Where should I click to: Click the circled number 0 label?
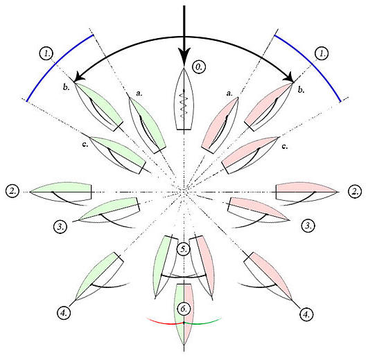(199, 67)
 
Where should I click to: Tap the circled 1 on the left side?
(46, 54)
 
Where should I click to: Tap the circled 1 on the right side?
(322, 54)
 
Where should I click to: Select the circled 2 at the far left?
(12, 191)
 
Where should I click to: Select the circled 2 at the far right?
(355, 192)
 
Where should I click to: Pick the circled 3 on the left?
(60, 226)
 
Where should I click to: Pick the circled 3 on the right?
(308, 226)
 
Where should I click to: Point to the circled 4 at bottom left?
(64, 313)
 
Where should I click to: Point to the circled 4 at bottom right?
(306, 314)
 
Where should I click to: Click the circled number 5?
(184, 249)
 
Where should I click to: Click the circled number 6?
(184, 309)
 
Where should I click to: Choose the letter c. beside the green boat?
(85, 144)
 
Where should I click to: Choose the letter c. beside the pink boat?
(284, 147)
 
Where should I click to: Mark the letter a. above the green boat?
(139, 93)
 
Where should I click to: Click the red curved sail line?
(164, 323)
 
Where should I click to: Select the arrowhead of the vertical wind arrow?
(184, 56)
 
